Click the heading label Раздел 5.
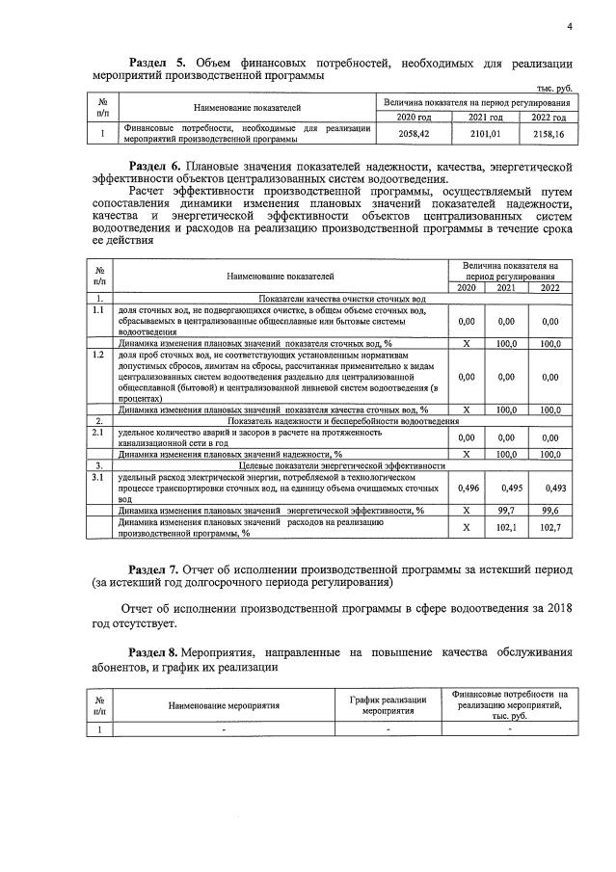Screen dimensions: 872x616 (x=145, y=63)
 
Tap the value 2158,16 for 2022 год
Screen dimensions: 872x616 (x=547, y=134)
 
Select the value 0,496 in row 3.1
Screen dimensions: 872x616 (x=467, y=488)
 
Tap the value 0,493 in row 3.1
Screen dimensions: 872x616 (x=550, y=488)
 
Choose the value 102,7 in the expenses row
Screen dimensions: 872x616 (x=550, y=527)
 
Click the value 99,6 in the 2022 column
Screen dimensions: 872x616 (x=550, y=510)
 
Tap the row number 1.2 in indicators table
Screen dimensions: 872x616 (x=97, y=356)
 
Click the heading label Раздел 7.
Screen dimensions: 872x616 (x=158, y=569)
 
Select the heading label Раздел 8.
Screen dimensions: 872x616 (x=158, y=652)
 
